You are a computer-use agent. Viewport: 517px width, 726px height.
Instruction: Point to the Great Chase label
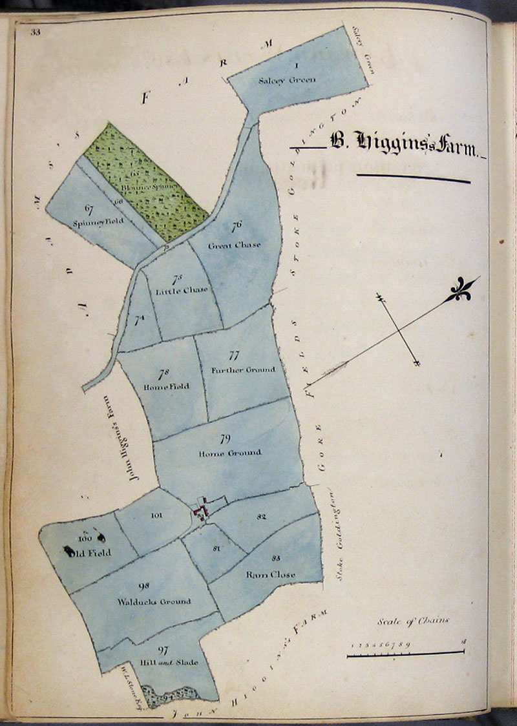(235, 245)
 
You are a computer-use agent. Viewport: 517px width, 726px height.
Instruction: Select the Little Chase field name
(182, 290)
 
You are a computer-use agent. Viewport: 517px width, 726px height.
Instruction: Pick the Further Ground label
(243, 369)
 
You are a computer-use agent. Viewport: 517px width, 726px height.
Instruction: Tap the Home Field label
(167, 386)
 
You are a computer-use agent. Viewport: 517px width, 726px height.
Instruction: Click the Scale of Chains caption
(414, 622)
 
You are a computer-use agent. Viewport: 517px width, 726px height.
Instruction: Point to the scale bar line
(405, 654)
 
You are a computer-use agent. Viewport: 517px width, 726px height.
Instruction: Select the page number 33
(35, 33)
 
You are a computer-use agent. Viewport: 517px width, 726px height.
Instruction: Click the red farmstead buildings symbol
(203, 510)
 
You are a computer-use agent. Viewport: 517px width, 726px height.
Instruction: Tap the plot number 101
(156, 515)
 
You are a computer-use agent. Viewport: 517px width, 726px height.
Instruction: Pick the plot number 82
(261, 517)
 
